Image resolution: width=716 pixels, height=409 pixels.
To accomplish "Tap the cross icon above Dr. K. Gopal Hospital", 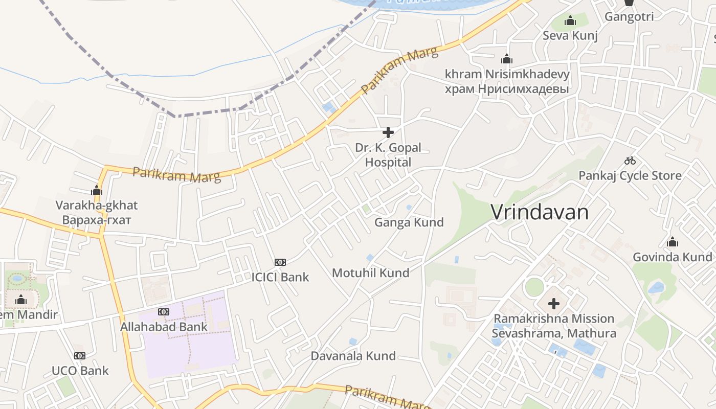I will point(388,133).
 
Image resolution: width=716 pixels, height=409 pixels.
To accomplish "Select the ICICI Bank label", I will point(280,277).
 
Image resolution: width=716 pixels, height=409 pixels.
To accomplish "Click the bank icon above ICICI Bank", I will point(280,262).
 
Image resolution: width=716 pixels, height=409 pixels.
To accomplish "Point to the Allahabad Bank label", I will point(164,327).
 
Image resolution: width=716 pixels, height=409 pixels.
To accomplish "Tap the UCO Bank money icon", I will point(79,356).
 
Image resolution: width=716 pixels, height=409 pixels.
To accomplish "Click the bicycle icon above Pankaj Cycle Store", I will point(630,161).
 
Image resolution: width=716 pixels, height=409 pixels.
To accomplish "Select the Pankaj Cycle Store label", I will point(630,176).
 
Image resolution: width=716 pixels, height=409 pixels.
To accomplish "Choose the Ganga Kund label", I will point(409,222).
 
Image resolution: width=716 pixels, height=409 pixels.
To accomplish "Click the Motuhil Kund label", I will point(371,273).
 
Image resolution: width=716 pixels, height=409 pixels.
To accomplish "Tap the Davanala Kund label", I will point(353,356).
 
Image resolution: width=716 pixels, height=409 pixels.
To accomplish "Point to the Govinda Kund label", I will point(673,257).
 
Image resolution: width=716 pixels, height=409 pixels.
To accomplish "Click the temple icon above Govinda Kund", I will point(673,242).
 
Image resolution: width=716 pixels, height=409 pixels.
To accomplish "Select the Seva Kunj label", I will point(570,36).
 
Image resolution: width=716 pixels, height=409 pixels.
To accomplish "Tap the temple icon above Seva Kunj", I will point(570,21).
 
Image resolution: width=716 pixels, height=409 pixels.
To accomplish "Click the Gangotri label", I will point(629,17).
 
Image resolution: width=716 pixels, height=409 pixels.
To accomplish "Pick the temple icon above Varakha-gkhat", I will point(97,191).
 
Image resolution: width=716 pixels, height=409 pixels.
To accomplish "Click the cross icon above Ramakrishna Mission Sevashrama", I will point(554,304).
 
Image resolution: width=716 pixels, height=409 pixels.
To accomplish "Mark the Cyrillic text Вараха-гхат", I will point(97,220).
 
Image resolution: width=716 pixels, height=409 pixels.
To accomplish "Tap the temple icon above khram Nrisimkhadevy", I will point(507,59).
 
